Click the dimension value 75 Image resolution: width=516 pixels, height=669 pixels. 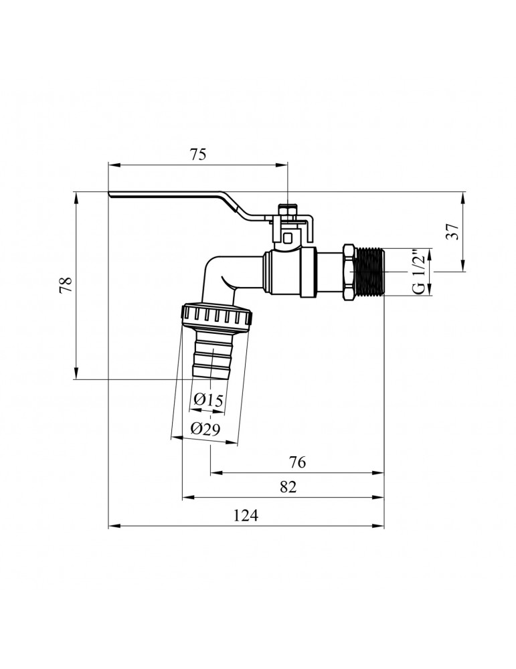click(197, 155)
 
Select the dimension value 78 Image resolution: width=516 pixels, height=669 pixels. click(64, 286)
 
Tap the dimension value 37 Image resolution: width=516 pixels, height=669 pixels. click(452, 231)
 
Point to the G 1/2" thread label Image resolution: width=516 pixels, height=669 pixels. click(417, 272)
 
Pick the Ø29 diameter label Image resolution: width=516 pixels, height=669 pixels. click(205, 429)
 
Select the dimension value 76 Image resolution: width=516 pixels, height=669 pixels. click(297, 462)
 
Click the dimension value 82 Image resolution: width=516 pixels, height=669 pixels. click(288, 487)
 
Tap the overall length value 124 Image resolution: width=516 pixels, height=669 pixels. click(245, 515)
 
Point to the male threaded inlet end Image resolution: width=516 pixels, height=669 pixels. click(370, 272)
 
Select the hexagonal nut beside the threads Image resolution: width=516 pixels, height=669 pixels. click(349, 272)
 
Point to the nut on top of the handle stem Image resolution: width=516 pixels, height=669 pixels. click(287, 212)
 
